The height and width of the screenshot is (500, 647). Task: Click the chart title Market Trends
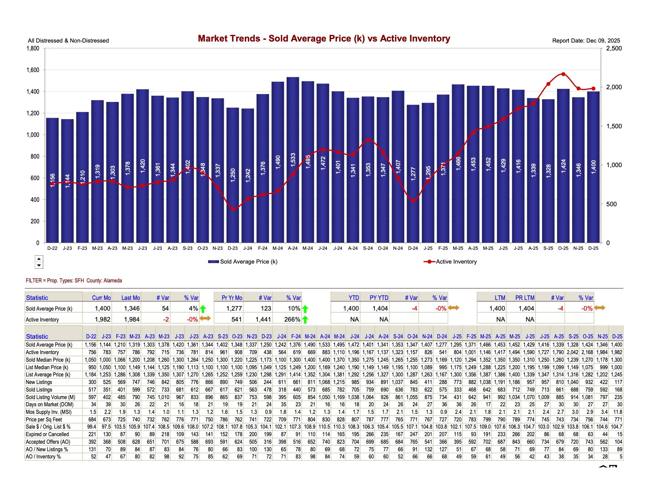coord(324,38)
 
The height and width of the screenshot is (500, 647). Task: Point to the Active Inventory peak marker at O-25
coord(563,74)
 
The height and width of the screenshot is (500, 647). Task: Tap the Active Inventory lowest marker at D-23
coord(233,209)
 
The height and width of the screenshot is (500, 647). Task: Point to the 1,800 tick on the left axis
coord(33,48)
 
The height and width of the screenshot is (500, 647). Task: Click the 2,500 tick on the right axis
coord(614,48)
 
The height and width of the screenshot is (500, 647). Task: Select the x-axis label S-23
coord(187,248)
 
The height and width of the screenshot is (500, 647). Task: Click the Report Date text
coord(586,40)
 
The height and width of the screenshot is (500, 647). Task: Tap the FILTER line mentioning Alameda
coord(74,280)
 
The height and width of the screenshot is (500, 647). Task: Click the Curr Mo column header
coord(101,298)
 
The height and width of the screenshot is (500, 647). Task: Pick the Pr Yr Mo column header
coord(232,298)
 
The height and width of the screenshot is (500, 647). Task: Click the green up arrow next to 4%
coord(203,309)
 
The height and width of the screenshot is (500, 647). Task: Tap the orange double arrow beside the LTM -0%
coord(600,308)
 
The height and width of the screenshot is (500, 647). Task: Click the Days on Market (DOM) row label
coord(49,404)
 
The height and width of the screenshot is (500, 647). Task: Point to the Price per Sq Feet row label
coord(44,419)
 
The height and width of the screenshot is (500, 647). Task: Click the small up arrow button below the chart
coord(39,259)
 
